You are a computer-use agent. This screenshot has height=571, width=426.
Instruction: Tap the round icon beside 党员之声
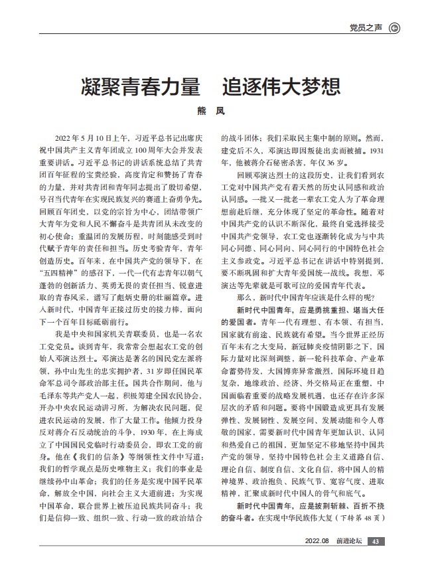394,27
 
